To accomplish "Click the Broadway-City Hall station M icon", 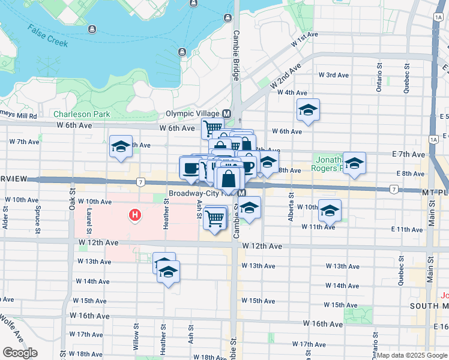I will coord(241,193).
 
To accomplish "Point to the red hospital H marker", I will coord(136,214).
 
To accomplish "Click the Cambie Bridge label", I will coord(236,55).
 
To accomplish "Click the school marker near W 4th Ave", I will coord(308,110).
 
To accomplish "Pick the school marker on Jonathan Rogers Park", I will coord(354,163).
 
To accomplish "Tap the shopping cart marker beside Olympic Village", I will coord(212,127).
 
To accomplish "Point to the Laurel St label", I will coord(89,221).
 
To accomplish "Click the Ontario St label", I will coord(379,79).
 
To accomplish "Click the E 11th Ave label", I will coord(406,229).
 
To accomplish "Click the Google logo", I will coord(20,352).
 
